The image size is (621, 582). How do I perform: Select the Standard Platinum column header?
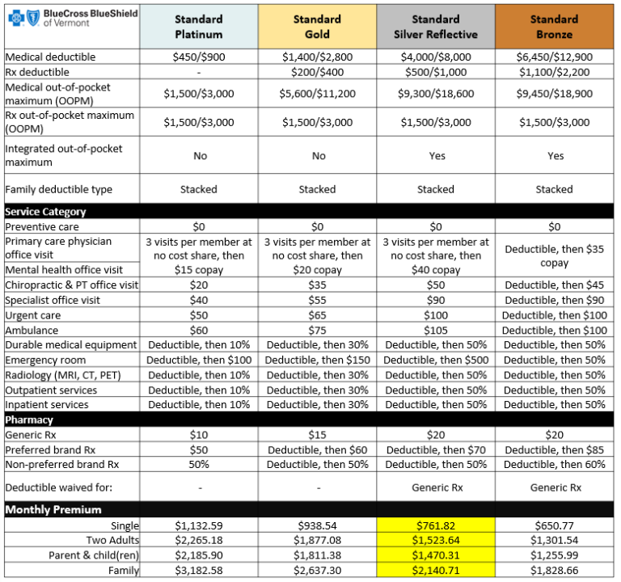(x=198, y=27)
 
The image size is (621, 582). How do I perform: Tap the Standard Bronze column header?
(x=554, y=27)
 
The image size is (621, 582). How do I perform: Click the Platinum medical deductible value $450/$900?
(x=198, y=57)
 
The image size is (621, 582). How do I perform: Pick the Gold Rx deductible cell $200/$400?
(x=317, y=72)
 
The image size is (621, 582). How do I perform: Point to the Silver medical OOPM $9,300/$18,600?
(x=436, y=94)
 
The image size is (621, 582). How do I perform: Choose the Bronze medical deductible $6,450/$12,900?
(x=554, y=57)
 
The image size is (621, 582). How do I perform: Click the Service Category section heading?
(x=45, y=212)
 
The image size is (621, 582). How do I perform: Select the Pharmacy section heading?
(x=31, y=420)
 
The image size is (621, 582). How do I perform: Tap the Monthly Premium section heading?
(x=53, y=510)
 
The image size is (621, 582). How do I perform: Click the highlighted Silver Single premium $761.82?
(x=436, y=525)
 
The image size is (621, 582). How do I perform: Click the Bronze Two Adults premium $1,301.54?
(x=554, y=541)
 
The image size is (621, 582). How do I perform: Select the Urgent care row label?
(x=32, y=315)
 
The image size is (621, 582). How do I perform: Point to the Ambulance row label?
(x=32, y=330)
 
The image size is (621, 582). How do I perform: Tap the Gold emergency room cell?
(x=317, y=360)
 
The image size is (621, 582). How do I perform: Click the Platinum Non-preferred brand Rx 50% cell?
(x=198, y=465)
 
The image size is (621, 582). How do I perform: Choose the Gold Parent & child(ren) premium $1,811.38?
(x=317, y=556)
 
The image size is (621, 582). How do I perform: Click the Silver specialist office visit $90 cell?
(x=436, y=300)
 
